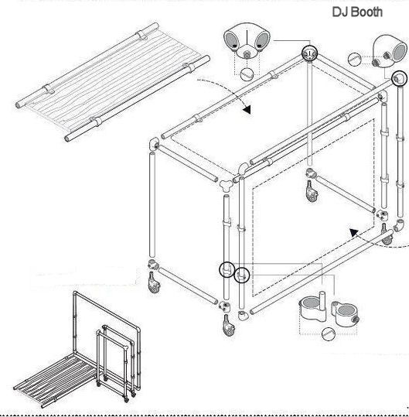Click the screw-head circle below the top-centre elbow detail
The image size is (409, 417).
(x=247, y=73)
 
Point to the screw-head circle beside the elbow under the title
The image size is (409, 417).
(x=356, y=58)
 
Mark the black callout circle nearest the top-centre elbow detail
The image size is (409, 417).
(x=309, y=53)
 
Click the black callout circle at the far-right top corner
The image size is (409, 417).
(x=399, y=78)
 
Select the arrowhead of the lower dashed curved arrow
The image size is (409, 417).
(x=353, y=230)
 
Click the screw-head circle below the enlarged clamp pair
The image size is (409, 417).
(x=329, y=333)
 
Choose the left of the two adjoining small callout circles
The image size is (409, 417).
(x=227, y=269)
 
